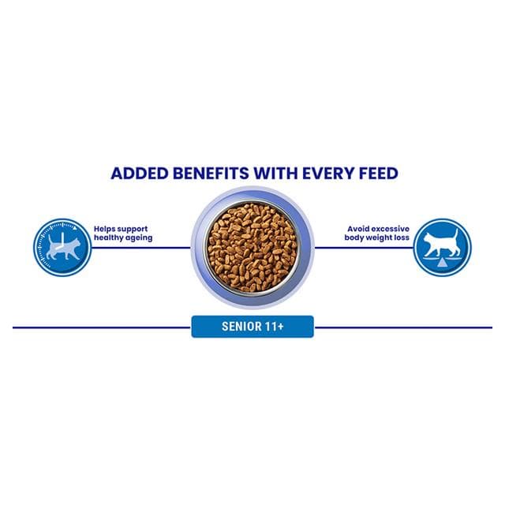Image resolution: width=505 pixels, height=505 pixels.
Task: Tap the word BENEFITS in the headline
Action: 211,174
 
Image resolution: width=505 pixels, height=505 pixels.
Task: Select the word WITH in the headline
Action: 275,174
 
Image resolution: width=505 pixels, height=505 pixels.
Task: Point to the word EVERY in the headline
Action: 329,174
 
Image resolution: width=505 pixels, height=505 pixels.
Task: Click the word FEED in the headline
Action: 379,174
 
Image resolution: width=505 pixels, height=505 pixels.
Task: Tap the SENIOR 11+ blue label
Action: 252,327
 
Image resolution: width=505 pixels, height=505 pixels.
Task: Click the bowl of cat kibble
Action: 252,247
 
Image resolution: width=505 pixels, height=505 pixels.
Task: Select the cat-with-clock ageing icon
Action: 62,247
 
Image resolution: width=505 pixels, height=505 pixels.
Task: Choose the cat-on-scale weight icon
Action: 442,247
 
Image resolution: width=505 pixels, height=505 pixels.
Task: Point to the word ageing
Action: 137,238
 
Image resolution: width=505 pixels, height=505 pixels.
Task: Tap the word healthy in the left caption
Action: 107,238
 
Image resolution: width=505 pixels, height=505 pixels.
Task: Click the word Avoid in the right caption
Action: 357,229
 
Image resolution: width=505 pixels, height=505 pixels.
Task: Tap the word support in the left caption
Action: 132,230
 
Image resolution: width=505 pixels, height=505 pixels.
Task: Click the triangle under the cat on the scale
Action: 443,264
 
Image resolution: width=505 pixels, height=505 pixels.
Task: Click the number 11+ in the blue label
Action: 274,327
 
